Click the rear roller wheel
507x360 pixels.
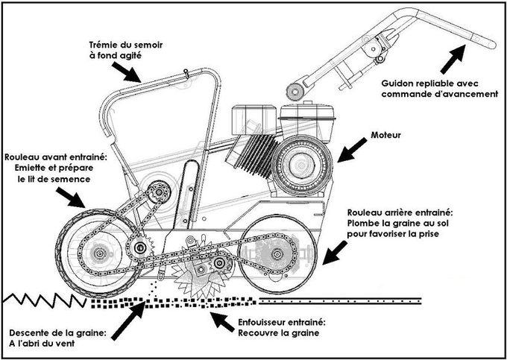tap(283, 255)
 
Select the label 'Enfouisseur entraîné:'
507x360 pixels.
tap(283, 323)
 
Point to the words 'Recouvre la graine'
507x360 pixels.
tap(280, 334)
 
